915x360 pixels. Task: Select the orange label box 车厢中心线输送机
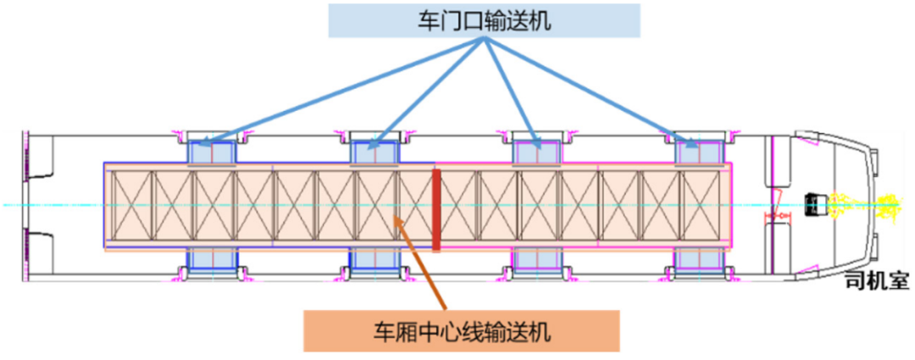pos(462,331)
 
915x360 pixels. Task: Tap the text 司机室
pos(878,280)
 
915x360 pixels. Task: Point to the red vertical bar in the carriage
pos(436,209)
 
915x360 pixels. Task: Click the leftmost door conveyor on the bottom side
pos(212,260)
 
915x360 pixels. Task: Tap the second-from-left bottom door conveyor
pos(374,260)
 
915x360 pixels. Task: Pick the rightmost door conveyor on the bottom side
pos(700,260)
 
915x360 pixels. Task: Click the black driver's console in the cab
pos(815,203)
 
